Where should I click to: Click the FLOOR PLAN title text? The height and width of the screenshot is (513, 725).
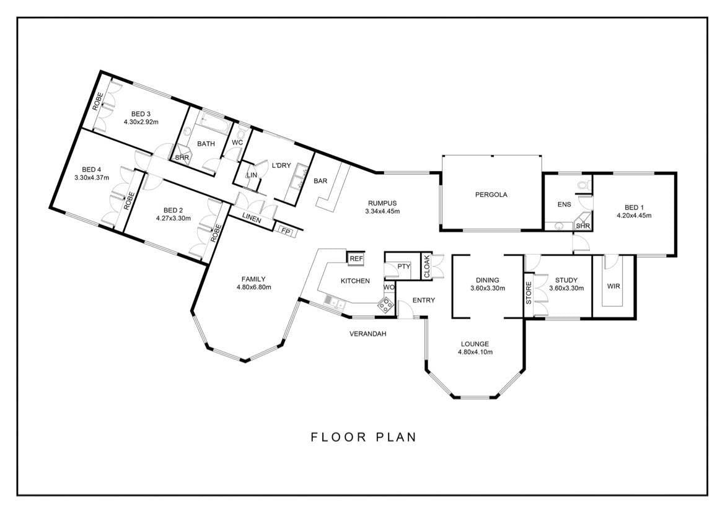(x=363, y=437)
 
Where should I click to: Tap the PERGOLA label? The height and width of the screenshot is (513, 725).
(x=491, y=195)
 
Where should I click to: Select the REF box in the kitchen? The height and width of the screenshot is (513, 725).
(x=356, y=259)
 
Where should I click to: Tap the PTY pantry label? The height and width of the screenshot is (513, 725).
(x=403, y=266)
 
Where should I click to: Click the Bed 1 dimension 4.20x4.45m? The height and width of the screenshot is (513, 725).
(x=634, y=216)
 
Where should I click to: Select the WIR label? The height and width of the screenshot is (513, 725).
(x=613, y=286)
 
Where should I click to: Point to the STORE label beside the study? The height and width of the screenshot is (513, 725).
(x=529, y=292)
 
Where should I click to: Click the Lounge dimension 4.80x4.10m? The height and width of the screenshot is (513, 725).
(x=475, y=352)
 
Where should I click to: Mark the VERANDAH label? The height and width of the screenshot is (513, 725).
(x=367, y=333)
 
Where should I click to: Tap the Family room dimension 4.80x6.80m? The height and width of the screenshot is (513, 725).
(x=253, y=287)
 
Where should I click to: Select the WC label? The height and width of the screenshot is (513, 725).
(x=237, y=142)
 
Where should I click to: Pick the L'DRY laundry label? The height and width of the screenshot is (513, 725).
(x=281, y=165)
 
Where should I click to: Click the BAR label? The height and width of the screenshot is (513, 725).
(x=320, y=181)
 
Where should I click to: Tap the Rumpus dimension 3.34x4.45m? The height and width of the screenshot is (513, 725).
(x=382, y=211)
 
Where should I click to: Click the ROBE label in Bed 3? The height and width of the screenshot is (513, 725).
(x=97, y=101)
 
